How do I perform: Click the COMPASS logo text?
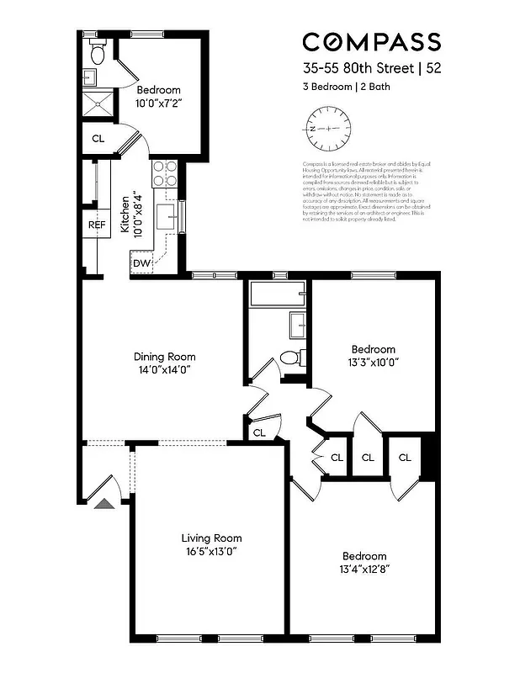click(371, 42)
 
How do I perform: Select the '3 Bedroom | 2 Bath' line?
click(346, 86)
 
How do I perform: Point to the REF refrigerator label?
click(97, 225)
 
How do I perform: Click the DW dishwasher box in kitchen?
click(141, 263)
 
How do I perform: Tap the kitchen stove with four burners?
click(164, 173)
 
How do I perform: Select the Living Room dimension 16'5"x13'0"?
click(211, 552)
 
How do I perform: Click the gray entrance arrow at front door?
click(103, 503)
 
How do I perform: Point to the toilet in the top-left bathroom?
click(97, 55)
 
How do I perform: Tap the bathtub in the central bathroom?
click(277, 294)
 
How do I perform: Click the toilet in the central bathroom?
click(291, 358)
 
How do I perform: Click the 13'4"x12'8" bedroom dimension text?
click(364, 570)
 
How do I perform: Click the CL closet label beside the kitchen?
click(98, 139)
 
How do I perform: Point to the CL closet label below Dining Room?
click(259, 432)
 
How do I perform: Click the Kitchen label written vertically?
click(124, 216)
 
